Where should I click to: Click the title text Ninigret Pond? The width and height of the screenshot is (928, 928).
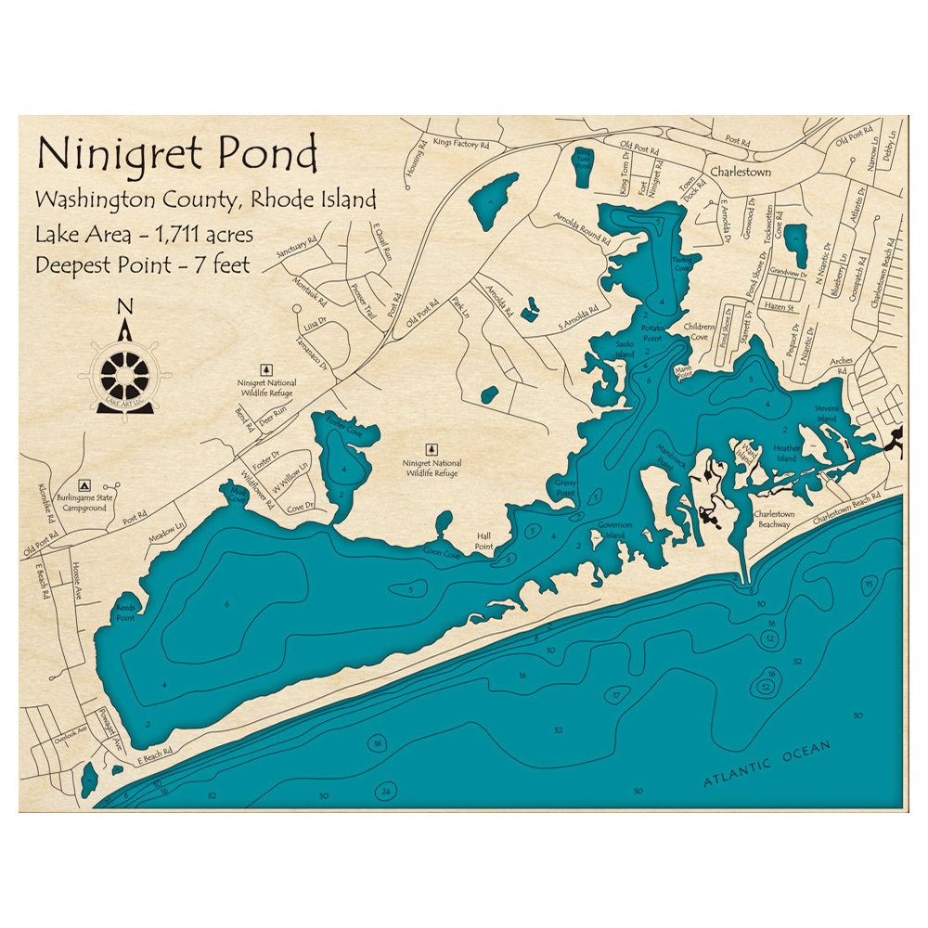pyautogui.click(x=176, y=154)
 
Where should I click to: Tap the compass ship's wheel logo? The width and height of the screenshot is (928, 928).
pyautogui.click(x=125, y=375)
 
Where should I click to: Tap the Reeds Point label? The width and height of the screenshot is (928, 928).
pyautogui.click(x=124, y=612)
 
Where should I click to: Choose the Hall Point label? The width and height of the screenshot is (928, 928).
pyautogui.click(x=484, y=541)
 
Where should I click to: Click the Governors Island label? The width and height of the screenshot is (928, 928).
pyautogui.click(x=614, y=529)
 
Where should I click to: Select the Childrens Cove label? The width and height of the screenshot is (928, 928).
pyautogui.click(x=699, y=332)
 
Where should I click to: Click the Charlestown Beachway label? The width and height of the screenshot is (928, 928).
pyautogui.click(x=772, y=519)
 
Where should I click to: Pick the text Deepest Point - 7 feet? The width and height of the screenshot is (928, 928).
pyautogui.click(x=143, y=264)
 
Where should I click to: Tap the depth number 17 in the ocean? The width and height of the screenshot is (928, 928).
pyautogui.click(x=615, y=695)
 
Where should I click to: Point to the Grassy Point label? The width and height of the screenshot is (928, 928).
pyautogui.click(x=565, y=486)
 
